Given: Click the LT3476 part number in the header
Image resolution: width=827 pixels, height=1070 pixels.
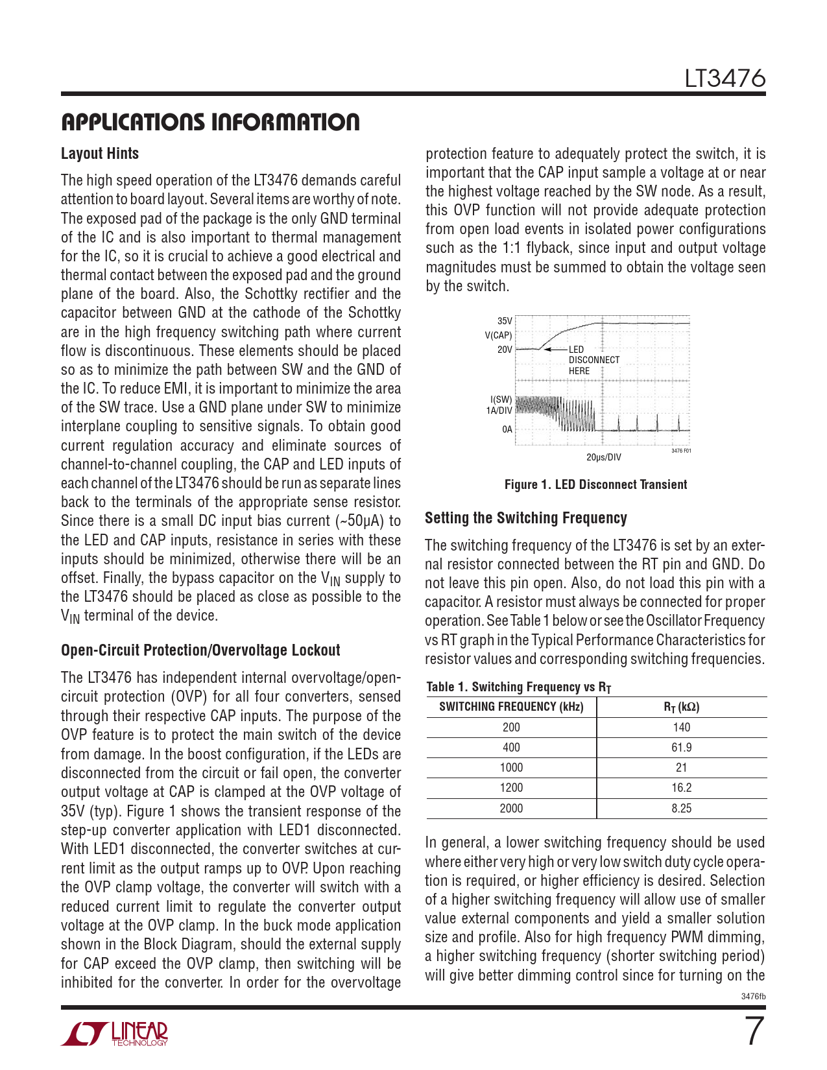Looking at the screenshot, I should click(x=725, y=78).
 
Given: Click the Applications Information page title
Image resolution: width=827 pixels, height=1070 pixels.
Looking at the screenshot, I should click(x=210, y=122).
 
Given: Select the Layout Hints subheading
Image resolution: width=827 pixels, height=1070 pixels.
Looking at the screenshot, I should click(x=100, y=154).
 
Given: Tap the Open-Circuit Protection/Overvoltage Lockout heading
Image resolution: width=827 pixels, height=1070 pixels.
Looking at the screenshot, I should click(x=200, y=650).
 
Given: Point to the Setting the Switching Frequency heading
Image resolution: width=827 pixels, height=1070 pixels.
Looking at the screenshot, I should click(x=526, y=518).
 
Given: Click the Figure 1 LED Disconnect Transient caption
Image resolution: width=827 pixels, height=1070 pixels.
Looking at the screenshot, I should click(x=595, y=484).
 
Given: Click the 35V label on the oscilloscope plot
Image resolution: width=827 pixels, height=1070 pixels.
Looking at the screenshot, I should click(x=505, y=321).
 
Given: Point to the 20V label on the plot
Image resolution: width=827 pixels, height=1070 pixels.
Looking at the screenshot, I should click(x=505, y=350).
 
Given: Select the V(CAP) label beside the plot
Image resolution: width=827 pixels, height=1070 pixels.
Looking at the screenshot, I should click(x=498, y=335).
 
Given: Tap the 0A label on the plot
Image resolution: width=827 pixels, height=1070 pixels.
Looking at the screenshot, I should click(x=507, y=429).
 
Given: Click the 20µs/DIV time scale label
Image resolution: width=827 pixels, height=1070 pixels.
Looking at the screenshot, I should click(x=603, y=457).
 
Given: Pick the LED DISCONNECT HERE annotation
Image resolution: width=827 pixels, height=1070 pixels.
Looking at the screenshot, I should click(x=593, y=360).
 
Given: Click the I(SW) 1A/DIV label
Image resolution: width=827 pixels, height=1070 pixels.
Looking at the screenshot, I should click(x=499, y=405).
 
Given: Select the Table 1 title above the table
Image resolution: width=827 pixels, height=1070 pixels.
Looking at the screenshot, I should click(x=518, y=687).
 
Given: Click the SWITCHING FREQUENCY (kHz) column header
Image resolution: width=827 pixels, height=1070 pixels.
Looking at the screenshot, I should click(x=511, y=707).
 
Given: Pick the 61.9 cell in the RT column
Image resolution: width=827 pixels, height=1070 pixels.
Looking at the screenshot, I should click(x=681, y=748).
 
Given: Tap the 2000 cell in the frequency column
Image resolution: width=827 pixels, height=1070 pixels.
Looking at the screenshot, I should click(x=511, y=809).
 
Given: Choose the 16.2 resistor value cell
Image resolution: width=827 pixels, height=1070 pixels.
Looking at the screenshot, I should click(x=681, y=788).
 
